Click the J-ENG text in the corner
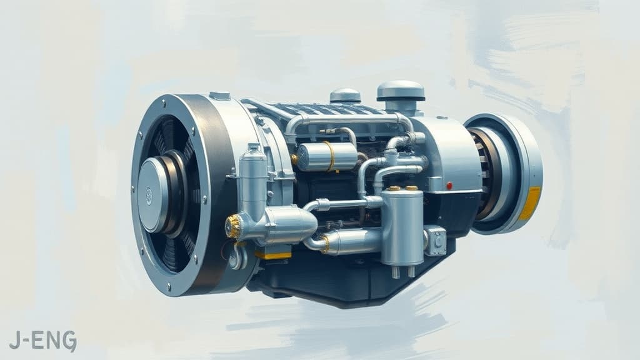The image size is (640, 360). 43,341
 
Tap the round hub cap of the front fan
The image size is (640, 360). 152,194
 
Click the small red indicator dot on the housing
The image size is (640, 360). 449,186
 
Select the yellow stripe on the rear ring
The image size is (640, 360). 530,204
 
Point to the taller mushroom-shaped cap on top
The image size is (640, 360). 401,92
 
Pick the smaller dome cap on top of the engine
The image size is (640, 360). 345,96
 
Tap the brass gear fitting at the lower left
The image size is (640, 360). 233,226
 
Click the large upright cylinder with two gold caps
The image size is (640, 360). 402,225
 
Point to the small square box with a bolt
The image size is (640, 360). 436,240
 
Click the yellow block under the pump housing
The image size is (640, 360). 273,254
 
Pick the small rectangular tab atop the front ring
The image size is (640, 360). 219,96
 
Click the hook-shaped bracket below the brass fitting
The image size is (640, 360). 237,256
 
